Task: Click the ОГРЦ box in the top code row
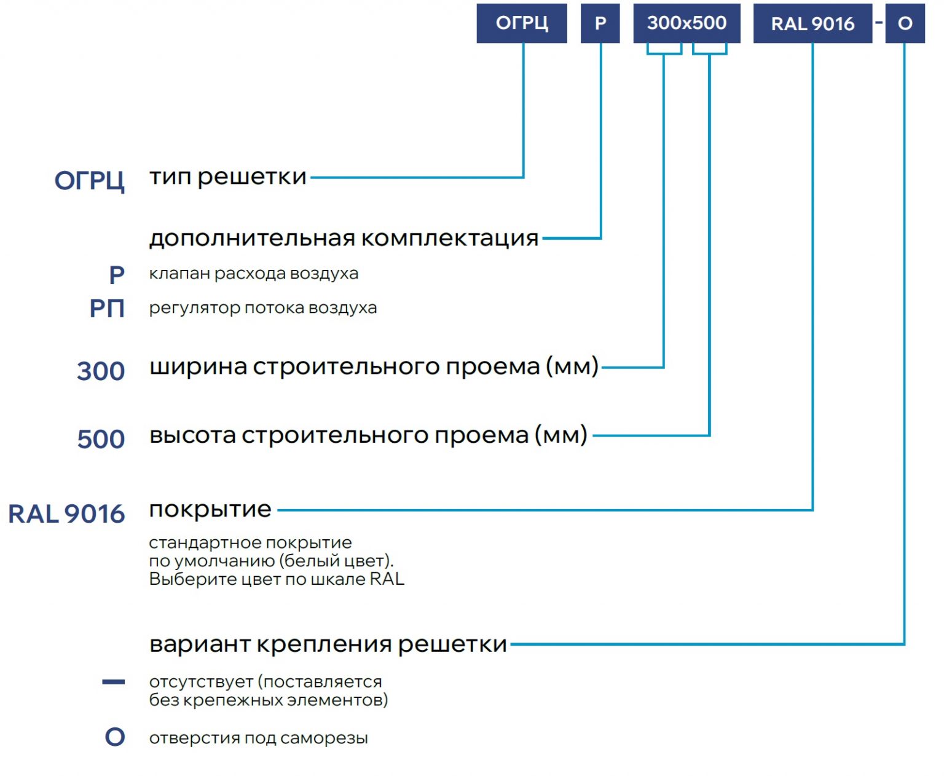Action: (x=521, y=23)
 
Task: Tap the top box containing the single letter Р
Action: (x=600, y=23)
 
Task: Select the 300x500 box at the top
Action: (x=686, y=23)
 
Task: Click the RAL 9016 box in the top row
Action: (x=813, y=23)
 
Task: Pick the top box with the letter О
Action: (x=905, y=23)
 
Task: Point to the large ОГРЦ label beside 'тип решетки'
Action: (x=90, y=181)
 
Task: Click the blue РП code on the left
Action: (x=107, y=309)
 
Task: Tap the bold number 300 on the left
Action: (x=101, y=371)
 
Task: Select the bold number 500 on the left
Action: (x=101, y=439)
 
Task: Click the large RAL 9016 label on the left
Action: (x=67, y=513)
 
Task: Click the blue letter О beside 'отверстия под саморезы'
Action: (x=115, y=737)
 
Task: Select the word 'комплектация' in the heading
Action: (x=450, y=238)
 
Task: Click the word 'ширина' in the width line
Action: (x=199, y=367)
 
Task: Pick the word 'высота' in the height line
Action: (x=193, y=435)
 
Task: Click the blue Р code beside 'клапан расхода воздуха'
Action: (x=117, y=274)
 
